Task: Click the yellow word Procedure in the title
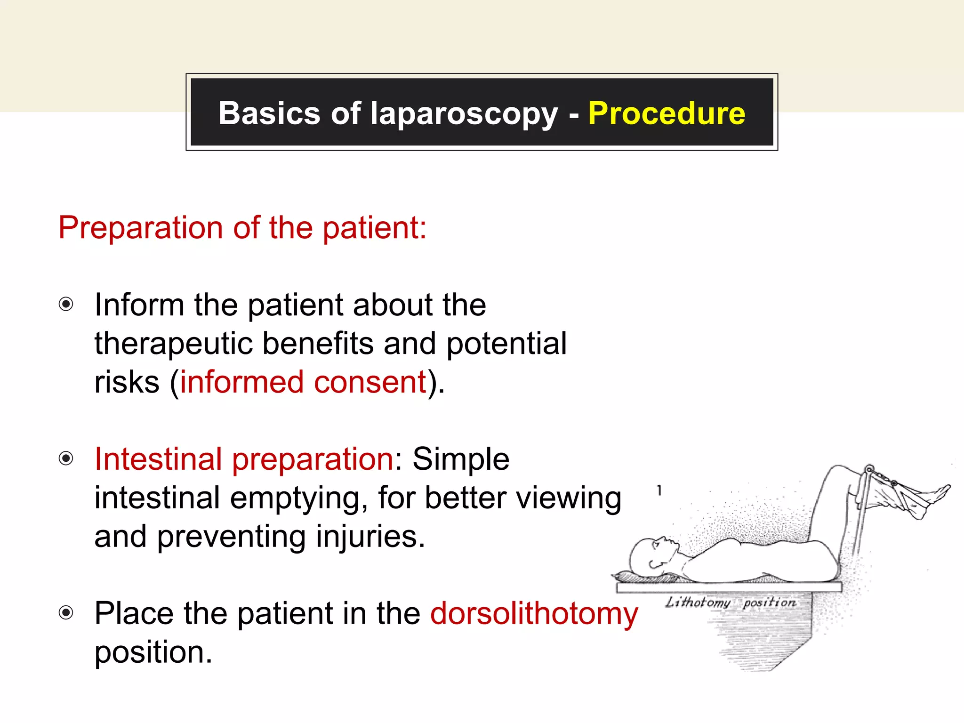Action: pyautogui.click(x=667, y=113)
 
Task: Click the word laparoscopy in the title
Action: pyautogui.click(x=464, y=114)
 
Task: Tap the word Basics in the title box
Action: pyautogui.click(x=269, y=113)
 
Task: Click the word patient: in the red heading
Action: pyautogui.click(x=374, y=228)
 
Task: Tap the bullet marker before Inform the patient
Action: pyautogui.click(x=66, y=305)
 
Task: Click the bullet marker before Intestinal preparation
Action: pyautogui.click(x=66, y=458)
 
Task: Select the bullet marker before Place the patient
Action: pyautogui.click(x=66, y=613)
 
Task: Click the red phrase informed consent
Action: pyautogui.click(x=303, y=382)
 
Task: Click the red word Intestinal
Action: pyautogui.click(x=158, y=459)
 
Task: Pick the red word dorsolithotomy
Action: pyautogui.click(x=534, y=613)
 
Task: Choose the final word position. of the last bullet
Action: pyautogui.click(x=153, y=653)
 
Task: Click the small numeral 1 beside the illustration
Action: pyautogui.click(x=659, y=490)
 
